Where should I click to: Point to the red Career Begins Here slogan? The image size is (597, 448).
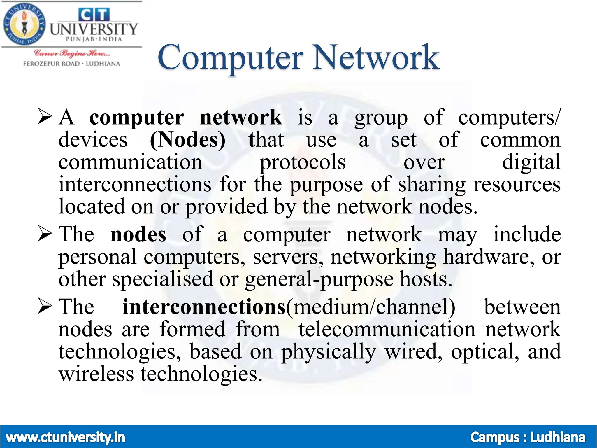click(x=72, y=53)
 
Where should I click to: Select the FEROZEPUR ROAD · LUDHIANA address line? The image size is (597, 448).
click(x=72, y=64)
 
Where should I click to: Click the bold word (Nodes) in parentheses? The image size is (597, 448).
click(x=187, y=140)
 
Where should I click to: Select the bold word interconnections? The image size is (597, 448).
click(x=204, y=307)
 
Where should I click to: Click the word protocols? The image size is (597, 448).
click(x=303, y=162)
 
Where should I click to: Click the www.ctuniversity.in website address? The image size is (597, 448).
click(x=65, y=437)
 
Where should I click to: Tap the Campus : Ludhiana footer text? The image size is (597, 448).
click(x=528, y=437)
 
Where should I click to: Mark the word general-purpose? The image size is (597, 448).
click(x=319, y=280)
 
